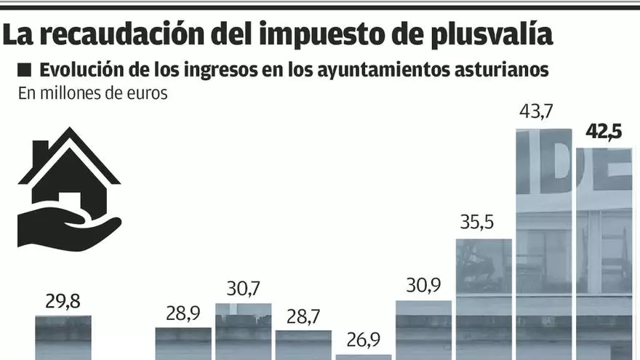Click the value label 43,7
click(x=535, y=112)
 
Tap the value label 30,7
click(x=244, y=289)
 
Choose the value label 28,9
click(x=183, y=313)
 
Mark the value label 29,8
click(x=64, y=301)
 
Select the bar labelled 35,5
click(x=484, y=298)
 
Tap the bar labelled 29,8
click(x=64, y=337)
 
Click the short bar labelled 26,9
click(x=364, y=356)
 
